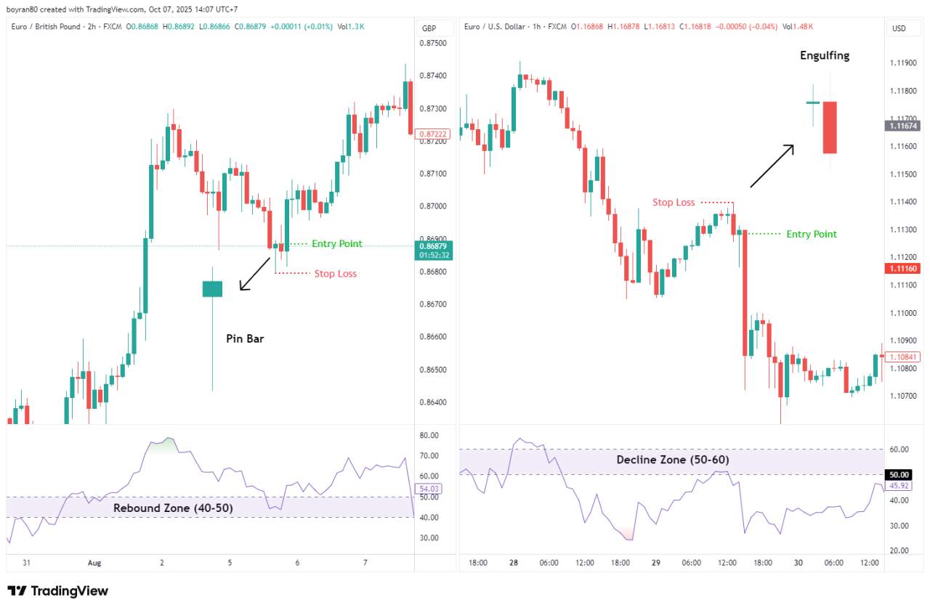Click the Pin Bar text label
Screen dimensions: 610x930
coord(244,338)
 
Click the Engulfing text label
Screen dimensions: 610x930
coord(825,55)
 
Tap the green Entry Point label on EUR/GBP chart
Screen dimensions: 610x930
coord(336,243)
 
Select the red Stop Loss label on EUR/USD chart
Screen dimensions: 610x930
coord(674,203)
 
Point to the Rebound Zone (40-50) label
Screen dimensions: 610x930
coord(173,508)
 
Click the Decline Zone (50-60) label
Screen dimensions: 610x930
coord(673,460)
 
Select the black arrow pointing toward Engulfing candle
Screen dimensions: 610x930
coord(772,166)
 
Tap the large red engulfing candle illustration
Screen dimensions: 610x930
coord(830,127)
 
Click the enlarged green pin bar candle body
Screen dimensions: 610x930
coord(212,288)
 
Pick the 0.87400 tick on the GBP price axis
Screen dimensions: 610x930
coord(434,76)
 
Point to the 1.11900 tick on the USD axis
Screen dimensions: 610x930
coord(904,63)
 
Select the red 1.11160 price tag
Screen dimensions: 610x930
coord(902,269)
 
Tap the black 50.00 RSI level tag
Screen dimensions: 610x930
coord(899,474)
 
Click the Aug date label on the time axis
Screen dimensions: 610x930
coord(94,563)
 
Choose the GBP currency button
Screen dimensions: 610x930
coord(429,28)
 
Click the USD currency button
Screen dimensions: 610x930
coord(899,28)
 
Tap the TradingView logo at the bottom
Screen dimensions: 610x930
coord(57,591)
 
